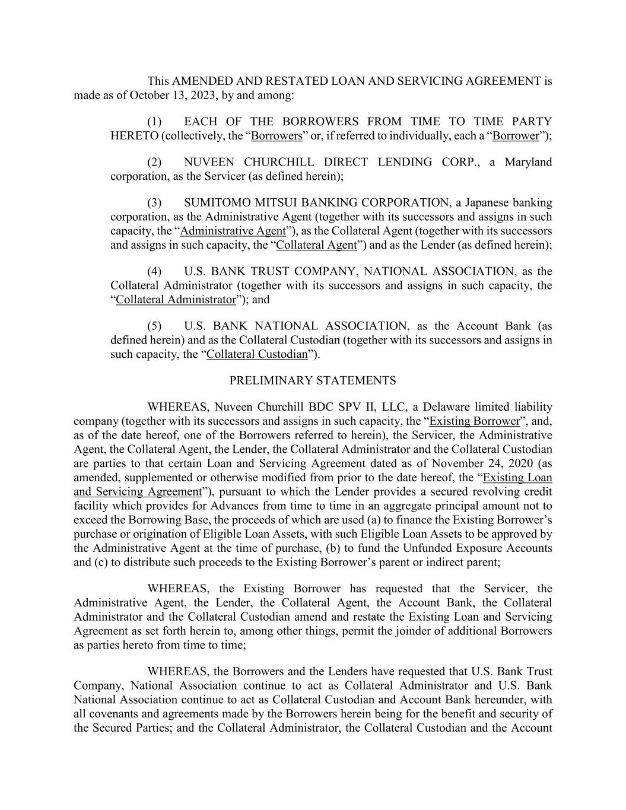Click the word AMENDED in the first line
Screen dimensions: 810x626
click(202, 81)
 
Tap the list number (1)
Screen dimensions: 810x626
click(154, 122)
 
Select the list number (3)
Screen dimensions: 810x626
click(154, 203)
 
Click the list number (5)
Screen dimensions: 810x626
click(154, 326)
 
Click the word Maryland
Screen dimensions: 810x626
click(528, 162)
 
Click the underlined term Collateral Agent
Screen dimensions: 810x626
click(317, 244)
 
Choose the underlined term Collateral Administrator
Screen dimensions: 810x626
click(176, 299)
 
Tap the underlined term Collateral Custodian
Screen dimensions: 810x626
click(257, 354)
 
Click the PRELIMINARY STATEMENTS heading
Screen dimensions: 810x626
click(313, 380)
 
